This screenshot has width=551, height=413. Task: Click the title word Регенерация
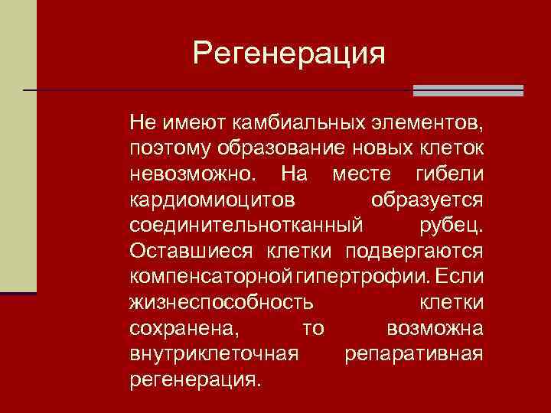point(289,54)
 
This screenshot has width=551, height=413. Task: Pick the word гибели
point(449,173)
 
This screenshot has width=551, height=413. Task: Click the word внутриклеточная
point(213,354)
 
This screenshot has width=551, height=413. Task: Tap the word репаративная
point(414,354)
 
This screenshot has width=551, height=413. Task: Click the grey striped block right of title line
point(468,90)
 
